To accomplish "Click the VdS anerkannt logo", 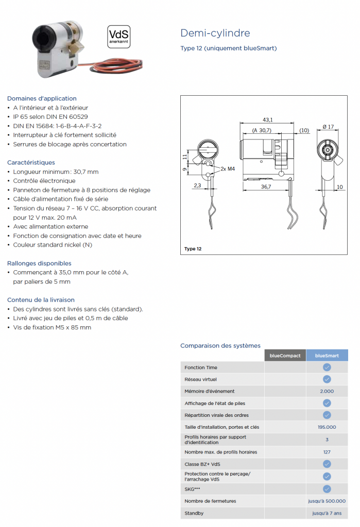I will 119,37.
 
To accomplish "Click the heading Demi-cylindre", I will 215,33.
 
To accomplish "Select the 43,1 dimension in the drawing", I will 267,119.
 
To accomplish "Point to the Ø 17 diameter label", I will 328,127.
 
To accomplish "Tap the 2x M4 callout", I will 227,168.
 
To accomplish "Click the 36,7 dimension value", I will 266,187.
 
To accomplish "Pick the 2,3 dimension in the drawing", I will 197,185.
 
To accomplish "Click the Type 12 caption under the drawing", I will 193,249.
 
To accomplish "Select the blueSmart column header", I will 327,356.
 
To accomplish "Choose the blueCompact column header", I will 285,356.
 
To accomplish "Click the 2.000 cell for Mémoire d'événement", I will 327,391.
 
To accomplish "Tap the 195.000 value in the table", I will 327,427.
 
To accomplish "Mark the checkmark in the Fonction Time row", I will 327,367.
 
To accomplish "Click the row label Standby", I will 194,513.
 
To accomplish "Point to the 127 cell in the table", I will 327,452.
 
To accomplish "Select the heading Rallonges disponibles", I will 39,263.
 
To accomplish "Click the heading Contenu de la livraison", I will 41,300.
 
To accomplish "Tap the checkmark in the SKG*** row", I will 327,489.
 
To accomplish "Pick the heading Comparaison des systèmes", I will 220,346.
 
